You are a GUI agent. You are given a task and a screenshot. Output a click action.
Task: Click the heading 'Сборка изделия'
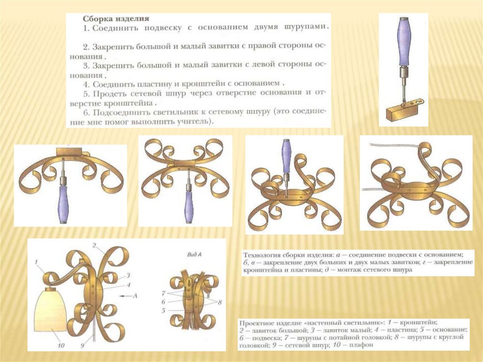[116, 18]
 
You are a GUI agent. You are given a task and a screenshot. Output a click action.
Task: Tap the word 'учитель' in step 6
[192, 121]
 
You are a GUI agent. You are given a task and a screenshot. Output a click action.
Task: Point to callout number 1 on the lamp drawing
[36, 262]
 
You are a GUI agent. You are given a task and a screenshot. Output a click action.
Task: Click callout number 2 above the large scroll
[94, 245]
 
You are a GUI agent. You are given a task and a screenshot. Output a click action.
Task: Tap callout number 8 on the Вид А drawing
[220, 303]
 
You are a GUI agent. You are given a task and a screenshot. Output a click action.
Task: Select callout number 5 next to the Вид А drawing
[163, 311]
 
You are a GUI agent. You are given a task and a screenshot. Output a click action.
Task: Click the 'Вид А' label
[194, 255]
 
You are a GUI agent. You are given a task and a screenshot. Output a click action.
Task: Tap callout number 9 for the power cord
[82, 345]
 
